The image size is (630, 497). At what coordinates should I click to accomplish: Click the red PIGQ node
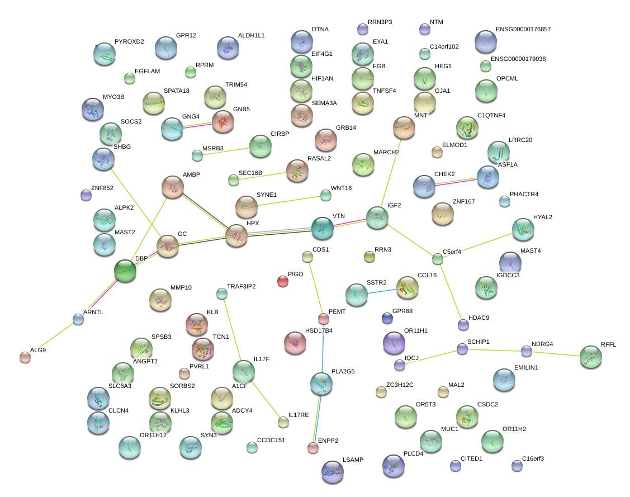pyautogui.click(x=283, y=281)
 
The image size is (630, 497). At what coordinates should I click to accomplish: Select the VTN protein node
pyautogui.click(x=323, y=228)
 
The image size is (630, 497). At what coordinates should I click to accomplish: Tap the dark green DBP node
pyautogui.click(x=125, y=270)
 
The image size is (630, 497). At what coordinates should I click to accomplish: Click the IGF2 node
pyautogui.click(x=377, y=217)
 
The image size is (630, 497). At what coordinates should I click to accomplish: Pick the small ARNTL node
pyautogui.click(x=78, y=319)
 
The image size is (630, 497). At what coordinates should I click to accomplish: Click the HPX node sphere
pyautogui.click(x=236, y=235)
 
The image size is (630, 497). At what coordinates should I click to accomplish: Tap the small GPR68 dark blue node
pyautogui.click(x=387, y=318)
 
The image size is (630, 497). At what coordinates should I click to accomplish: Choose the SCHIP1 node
pyautogui.click(x=462, y=349)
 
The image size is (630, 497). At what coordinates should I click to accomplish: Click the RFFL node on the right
pyautogui.click(x=590, y=357)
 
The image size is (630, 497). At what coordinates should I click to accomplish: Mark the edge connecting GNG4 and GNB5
pyautogui.click(x=198, y=125)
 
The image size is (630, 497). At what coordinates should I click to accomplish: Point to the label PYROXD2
pyautogui.click(x=129, y=41)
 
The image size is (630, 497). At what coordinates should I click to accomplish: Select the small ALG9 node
pyautogui.click(x=25, y=357)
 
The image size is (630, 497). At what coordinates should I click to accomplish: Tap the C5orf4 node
pyautogui.click(x=438, y=259)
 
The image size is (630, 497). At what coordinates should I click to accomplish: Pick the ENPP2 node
pyautogui.click(x=313, y=447)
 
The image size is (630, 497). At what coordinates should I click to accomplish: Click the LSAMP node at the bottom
pyautogui.click(x=333, y=471)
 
